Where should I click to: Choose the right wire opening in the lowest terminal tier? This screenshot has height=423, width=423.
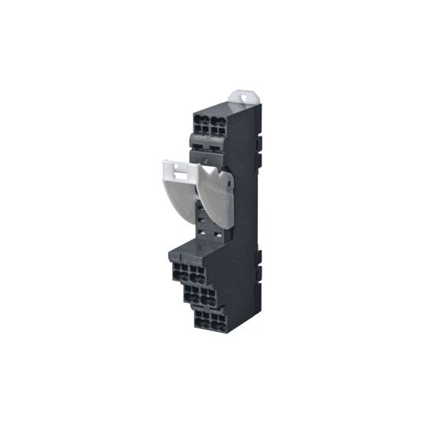click(220, 320)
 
